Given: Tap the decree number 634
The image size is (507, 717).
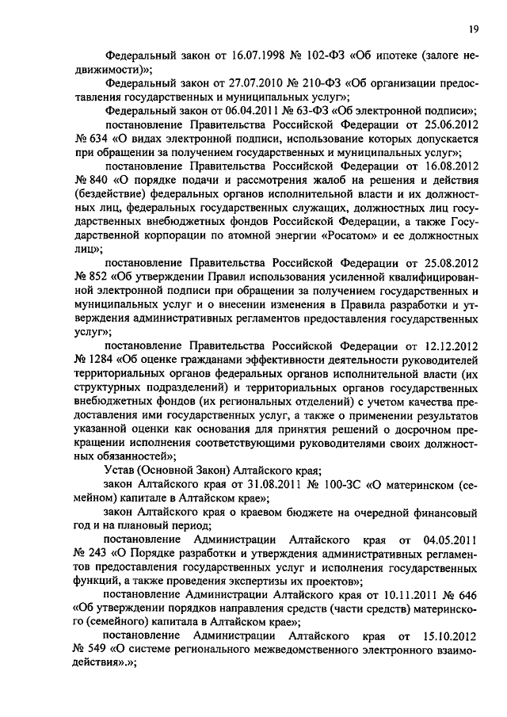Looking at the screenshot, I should [x=99, y=139].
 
